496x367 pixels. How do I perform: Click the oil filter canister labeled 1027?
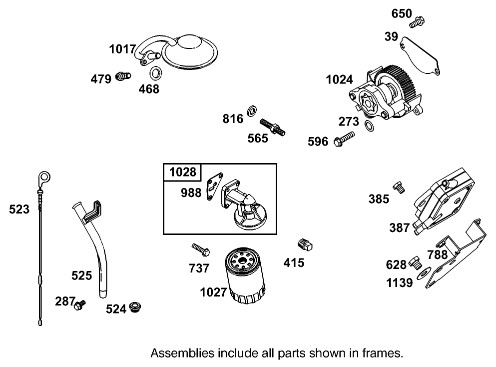(245, 277)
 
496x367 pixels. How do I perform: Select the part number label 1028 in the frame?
(182, 172)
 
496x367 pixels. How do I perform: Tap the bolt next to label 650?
(417, 22)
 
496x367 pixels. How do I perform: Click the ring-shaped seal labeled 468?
(155, 73)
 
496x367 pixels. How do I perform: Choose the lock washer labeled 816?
(253, 110)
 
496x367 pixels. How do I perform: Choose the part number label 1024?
(339, 79)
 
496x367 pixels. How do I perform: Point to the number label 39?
(391, 36)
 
